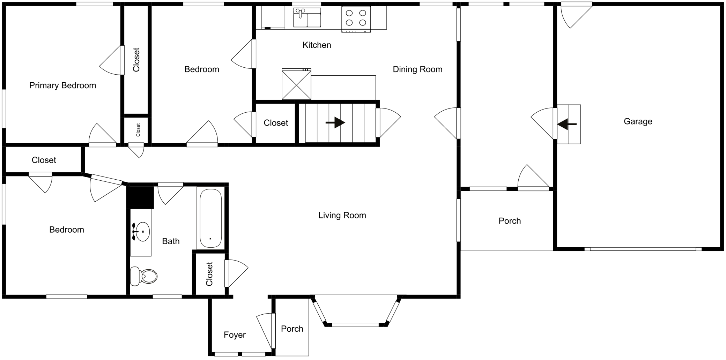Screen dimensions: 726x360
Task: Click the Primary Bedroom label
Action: click(x=62, y=85)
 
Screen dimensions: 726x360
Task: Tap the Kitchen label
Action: click(x=317, y=45)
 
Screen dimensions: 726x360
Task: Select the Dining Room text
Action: click(x=417, y=69)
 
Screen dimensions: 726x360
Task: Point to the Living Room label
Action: click(x=342, y=215)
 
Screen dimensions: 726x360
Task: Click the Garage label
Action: click(x=638, y=121)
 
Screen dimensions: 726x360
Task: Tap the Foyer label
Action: click(x=235, y=335)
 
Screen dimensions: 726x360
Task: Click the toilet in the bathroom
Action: click(x=143, y=276)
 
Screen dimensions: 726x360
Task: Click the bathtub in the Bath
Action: click(x=210, y=218)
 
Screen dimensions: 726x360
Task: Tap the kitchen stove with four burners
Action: click(x=356, y=19)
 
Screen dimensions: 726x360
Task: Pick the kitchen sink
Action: click(x=307, y=17)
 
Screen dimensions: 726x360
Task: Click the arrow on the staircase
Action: click(x=335, y=123)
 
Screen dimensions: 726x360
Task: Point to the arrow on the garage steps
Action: click(x=567, y=124)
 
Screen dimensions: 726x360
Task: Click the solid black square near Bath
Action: click(x=141, y=196)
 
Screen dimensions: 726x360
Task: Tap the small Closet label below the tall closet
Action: click(x=138, y=130)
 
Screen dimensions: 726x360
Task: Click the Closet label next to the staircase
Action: click(x=276, y=123)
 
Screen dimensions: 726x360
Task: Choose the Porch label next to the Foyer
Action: click(x=292, y=329)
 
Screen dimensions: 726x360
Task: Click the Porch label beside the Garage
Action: click(x=510, y=221)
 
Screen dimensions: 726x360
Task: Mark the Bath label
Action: click(x=171, y=241)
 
